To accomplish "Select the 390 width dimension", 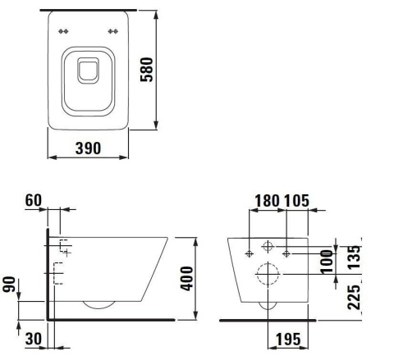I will click(87, 148).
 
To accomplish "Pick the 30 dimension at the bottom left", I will click(34, 338).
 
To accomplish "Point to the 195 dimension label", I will click(286, 339).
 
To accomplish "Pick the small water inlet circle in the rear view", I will click(268, 248).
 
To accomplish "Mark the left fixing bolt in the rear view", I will click(250, 253).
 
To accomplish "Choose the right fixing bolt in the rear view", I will click(285, 253).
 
